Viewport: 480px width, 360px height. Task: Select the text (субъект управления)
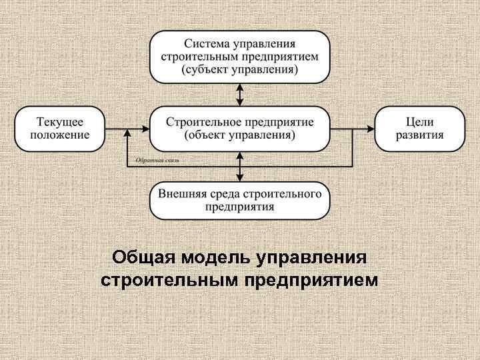coord(239,69)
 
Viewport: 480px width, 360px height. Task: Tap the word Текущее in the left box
coord(60,121)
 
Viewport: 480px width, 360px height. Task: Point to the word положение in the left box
coord(60,135)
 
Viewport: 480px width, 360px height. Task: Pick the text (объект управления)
coord(239,135)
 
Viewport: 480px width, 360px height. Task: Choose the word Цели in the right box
coord(420,121)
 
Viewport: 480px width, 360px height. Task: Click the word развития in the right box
coord(420,135)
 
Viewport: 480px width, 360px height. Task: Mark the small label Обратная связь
coord(157,161)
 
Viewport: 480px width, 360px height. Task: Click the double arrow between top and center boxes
coord(240,94)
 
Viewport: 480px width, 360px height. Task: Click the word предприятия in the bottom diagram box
coord(239,207)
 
